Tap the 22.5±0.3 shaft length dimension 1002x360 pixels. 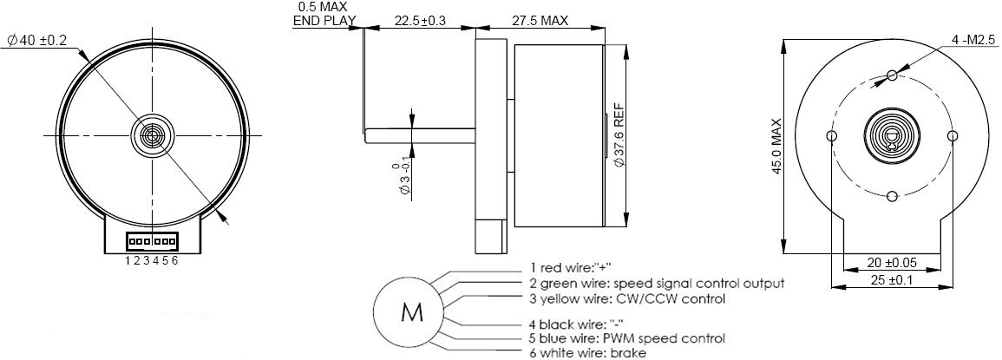(420, 21)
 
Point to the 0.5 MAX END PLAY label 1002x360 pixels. (323, 15)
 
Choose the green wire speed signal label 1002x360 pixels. (657, 283)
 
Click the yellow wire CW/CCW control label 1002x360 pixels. (627, 298)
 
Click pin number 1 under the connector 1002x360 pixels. (128, 260)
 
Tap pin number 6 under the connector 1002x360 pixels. (175, 260)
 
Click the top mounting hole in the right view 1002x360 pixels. (892, 76)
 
